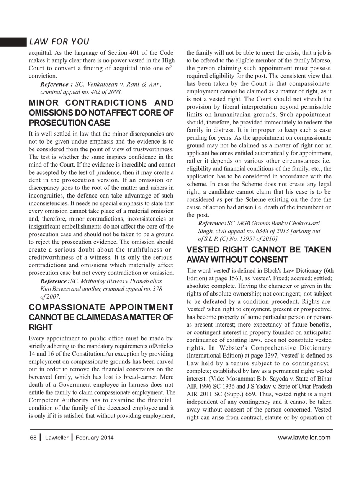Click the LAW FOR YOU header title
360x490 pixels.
coord(59,42)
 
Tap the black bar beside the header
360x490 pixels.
coord(13,42)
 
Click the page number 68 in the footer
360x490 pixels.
coord(33,438)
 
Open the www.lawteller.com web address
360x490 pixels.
coord(304,438)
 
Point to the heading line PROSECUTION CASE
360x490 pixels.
coord(69,123)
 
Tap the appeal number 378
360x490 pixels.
coord(157,289)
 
